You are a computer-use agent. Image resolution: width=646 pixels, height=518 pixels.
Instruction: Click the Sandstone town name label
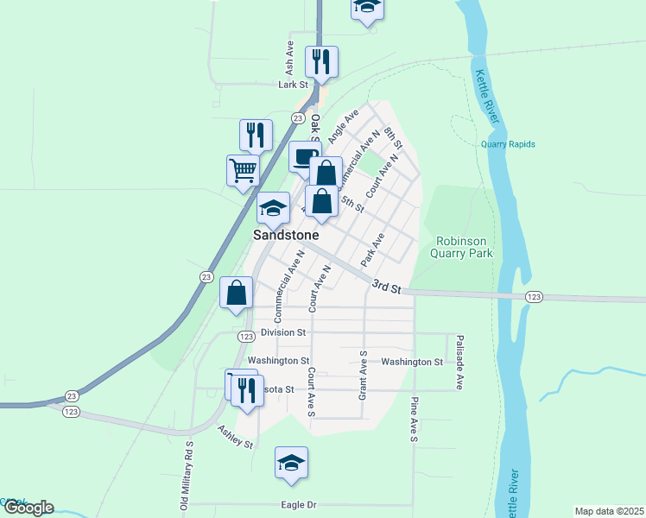[x=286, y=235]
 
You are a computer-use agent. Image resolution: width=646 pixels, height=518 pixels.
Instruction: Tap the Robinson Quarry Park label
[x=464, y=248]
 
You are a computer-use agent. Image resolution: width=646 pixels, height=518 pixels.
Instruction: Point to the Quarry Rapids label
[x=508, y=144]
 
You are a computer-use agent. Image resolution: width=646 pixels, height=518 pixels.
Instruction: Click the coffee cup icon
[x=304, y=157]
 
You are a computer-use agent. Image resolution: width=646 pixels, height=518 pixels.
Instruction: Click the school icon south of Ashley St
[x=292, y=464]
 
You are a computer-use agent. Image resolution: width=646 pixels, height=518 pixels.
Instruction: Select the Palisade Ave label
[x=460, y=362]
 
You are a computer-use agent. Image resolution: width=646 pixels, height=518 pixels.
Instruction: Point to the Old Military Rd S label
[x=187, y=475]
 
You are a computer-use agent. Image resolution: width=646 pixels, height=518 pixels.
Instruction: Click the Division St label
[x=284, y=332]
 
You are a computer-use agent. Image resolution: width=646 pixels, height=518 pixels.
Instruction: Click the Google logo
[x=28, y=508]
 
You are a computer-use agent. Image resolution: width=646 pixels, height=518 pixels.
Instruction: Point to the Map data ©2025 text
[x=610, y=511]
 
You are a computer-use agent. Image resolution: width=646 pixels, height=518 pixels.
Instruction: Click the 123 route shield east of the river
[x=534, y=297]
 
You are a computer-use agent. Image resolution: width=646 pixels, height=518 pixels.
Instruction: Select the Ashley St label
[x=235, y=437]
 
